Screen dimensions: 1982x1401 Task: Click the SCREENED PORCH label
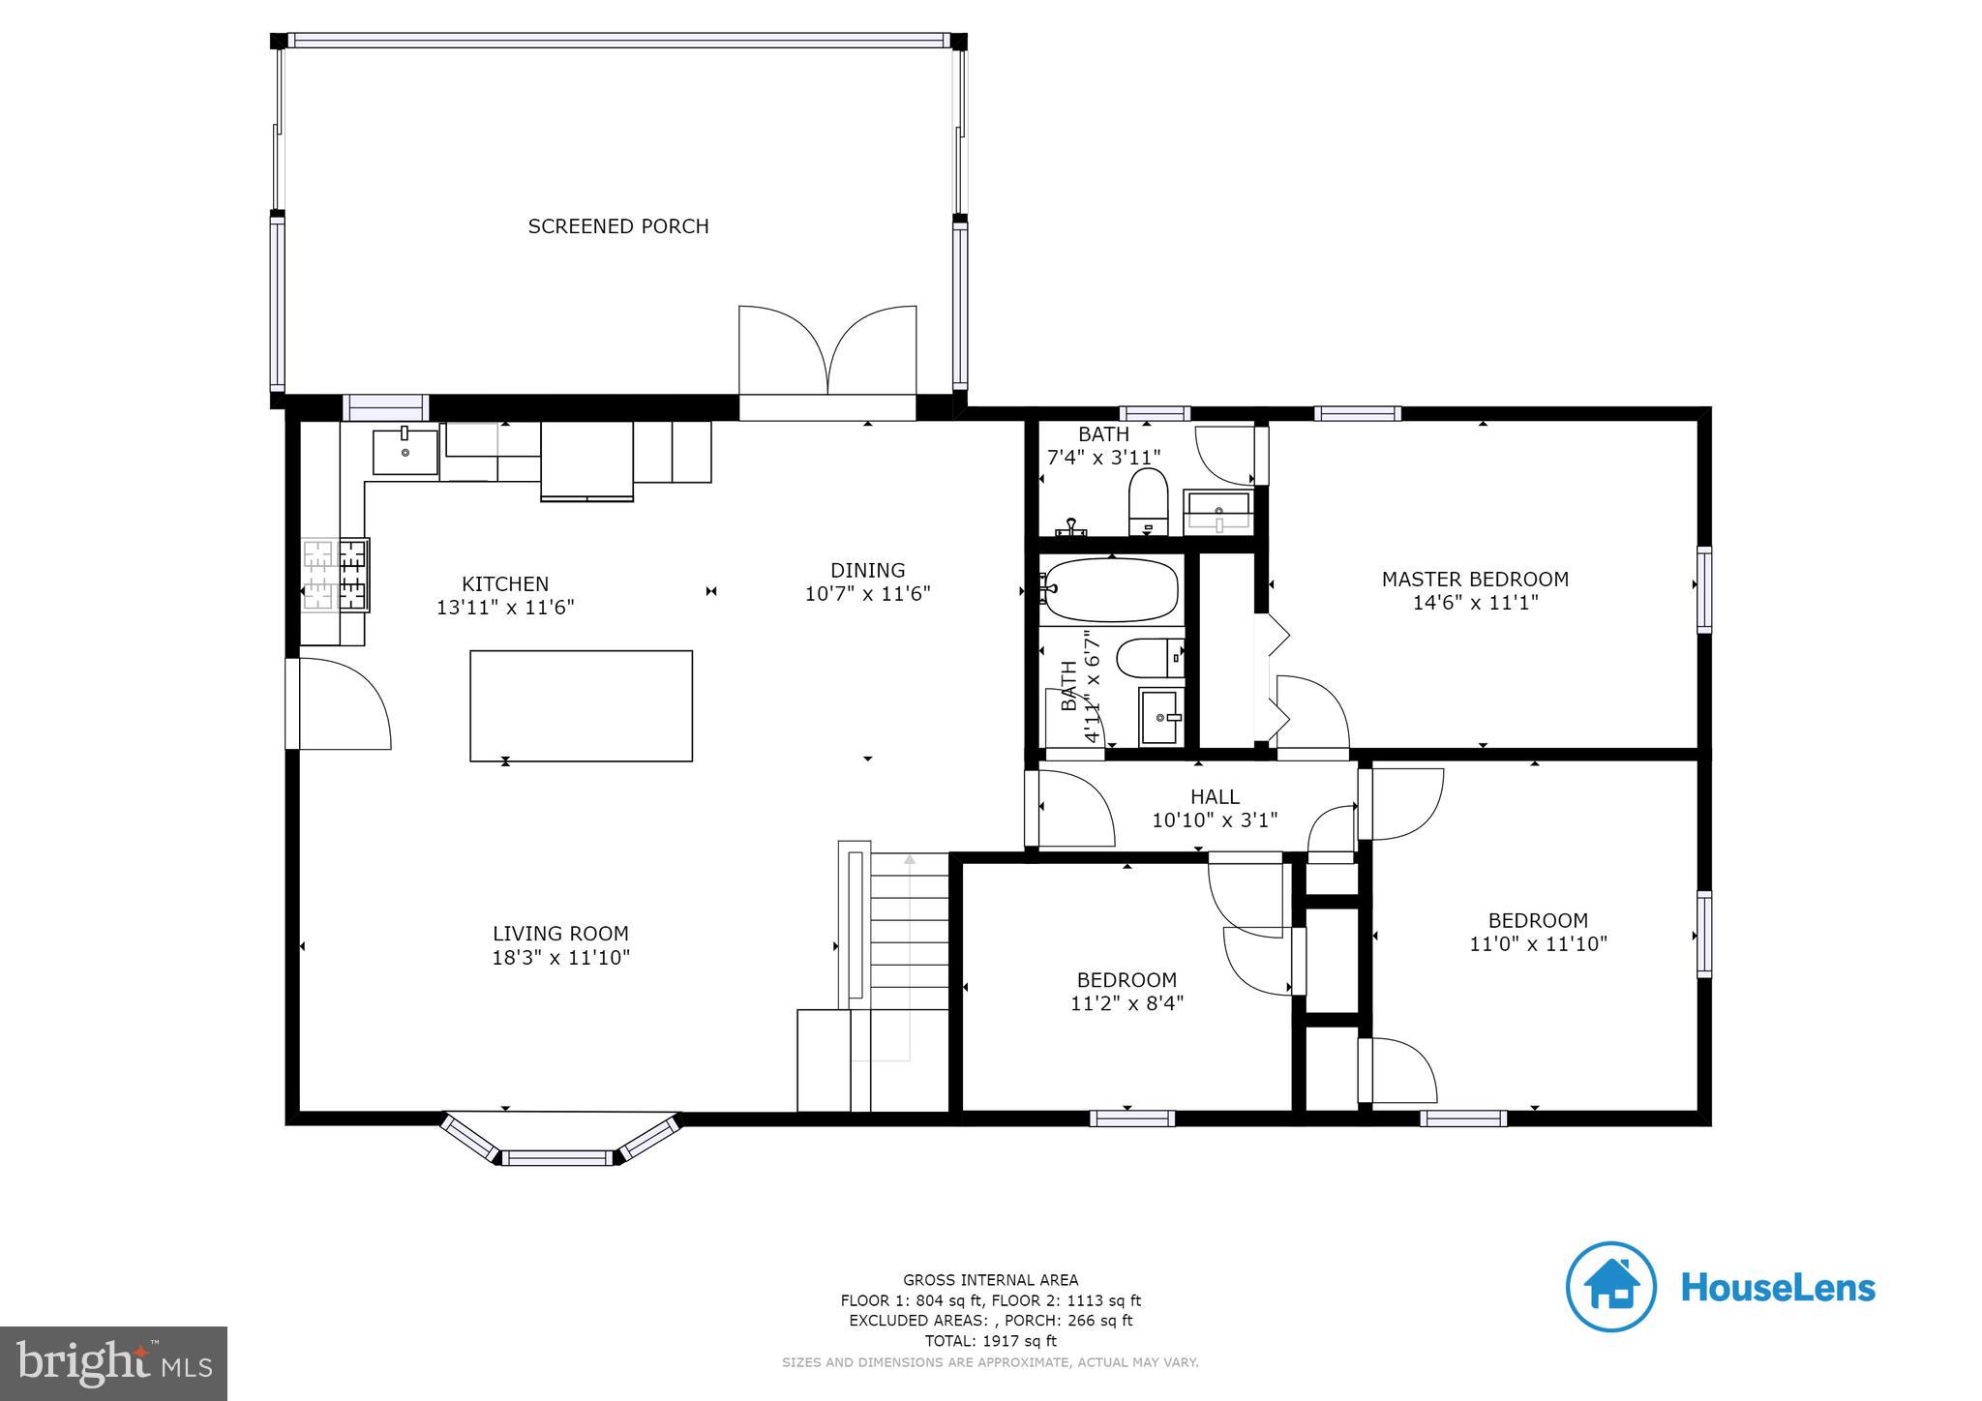618,226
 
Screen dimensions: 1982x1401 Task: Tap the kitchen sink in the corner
405,453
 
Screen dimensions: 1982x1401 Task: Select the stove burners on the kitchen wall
336,576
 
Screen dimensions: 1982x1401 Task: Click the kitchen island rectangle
581,705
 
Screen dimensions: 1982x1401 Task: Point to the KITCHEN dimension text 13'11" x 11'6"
505,608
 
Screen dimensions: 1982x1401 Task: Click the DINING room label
867,570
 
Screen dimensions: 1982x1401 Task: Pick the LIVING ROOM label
560,934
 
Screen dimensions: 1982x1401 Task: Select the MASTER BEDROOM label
1475,580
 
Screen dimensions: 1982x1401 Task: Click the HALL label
1215,797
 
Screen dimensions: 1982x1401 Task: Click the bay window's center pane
557,1157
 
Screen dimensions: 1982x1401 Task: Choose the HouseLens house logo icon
1611,1287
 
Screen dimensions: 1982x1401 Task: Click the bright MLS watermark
114,1362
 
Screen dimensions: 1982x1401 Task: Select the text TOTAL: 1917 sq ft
990,1341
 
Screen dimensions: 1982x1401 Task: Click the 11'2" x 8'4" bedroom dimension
1126,1003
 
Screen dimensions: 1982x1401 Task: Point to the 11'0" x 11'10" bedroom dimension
1538,943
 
